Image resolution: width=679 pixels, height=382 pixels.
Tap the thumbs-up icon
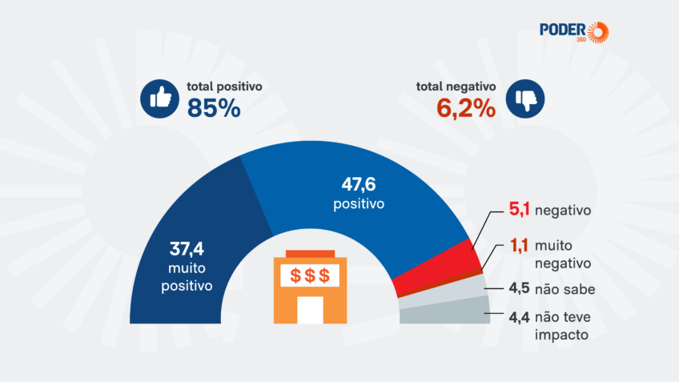[x=159, y=99]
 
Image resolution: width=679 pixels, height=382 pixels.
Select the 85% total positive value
[x=214, y=107]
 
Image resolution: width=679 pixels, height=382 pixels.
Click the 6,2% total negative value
[x=466, y=107]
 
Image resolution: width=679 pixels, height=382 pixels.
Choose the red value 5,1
[x=521, y=211]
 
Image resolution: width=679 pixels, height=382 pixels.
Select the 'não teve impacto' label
[x=564, y=325]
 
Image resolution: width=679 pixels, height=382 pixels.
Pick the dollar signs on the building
[x=309, y=275]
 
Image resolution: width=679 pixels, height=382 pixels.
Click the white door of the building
[x=310, y=310]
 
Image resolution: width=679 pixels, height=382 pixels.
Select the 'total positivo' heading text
[x=225, y=86]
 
